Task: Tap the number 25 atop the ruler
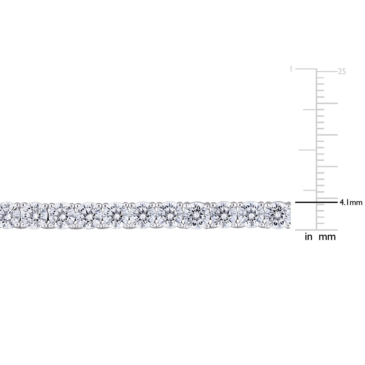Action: [x=342, y=72]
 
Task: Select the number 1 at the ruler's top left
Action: [x=291, y=69]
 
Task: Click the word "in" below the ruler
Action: [x=308, y=237]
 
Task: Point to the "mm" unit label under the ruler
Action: [x=327, y=237]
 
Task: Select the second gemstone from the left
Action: [x=34, y=215]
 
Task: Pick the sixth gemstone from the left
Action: [x=142, y=215]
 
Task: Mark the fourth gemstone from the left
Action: [x=88, y=215]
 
